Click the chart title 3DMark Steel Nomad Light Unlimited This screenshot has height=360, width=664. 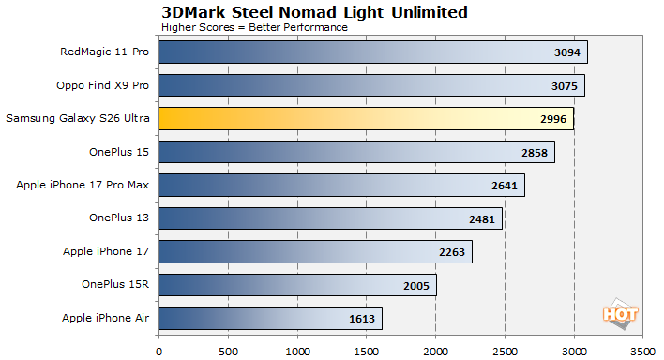(314, 12)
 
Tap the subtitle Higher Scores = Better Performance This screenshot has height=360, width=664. (254, 27)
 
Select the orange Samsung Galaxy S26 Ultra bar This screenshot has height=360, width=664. (366, 118)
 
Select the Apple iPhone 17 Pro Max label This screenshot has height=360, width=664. (82, 185)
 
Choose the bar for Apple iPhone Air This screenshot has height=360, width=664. (270, 319)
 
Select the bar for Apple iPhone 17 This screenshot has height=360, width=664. (315, 252)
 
